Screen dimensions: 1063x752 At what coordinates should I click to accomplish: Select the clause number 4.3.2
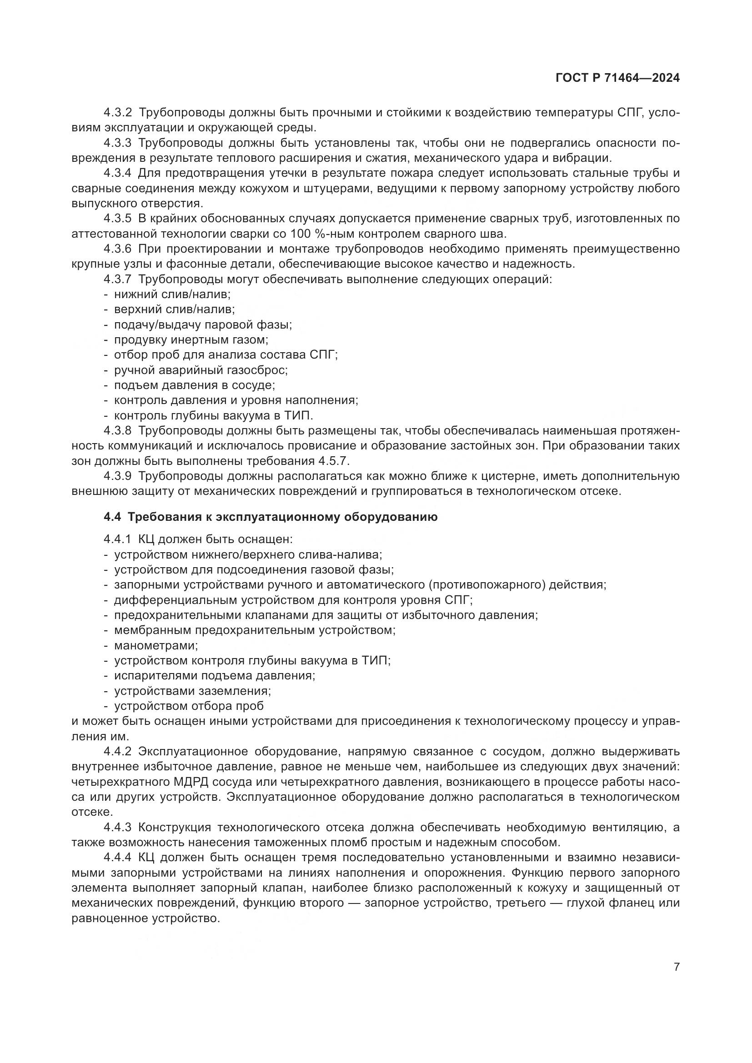point(118,113)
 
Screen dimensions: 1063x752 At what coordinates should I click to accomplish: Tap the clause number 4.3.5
point(118,219)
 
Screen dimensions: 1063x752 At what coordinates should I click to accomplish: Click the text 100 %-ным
point(321,234)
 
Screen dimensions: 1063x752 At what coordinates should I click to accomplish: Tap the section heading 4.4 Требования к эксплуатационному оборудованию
point(271,517)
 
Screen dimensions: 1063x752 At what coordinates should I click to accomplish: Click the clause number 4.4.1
point(118,539)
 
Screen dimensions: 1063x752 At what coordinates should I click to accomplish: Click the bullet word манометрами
point(155,645)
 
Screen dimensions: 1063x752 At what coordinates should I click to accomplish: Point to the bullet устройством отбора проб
point(189,706)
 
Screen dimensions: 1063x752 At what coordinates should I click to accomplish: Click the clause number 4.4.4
point(118,858)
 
